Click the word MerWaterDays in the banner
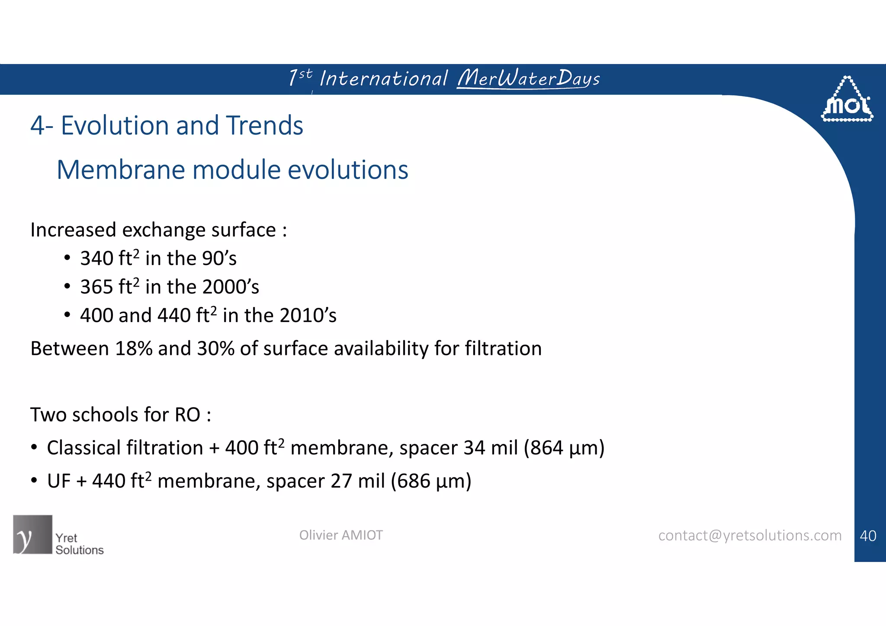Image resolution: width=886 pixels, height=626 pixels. click(x=528, y=78)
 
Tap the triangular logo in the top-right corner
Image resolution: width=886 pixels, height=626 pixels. click(x=847, y=100)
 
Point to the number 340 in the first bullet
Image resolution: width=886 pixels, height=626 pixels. click(x=96, y=259)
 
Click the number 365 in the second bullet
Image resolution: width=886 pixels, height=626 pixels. click(x=96, y=287)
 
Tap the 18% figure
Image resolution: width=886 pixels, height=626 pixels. click(x=134, y=348)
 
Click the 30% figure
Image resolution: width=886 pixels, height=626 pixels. click(x=215, y=348)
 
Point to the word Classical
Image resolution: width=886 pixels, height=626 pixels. click(x=82, y=448)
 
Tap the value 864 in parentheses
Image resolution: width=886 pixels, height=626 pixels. click(x=546, y=448)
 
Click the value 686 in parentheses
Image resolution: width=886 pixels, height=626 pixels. click(x=414, y=481)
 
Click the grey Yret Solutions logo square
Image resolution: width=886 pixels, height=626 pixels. click(x=32, y=534)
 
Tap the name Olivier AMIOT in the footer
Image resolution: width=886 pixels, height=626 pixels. click(x=341, y=535)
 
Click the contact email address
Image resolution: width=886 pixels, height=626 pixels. click(x=750, y=536)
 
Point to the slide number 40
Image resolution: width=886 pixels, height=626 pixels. click(x=868, y=536)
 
